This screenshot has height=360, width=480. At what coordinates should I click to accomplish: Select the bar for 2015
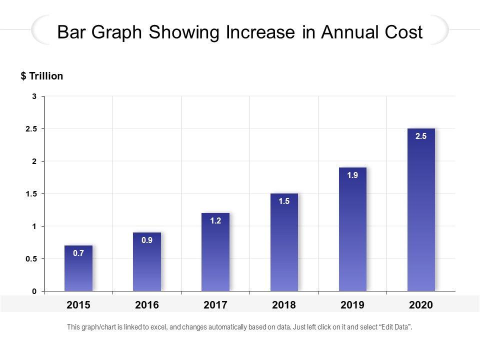[x=78, y=270]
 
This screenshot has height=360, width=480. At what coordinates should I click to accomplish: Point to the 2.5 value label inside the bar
[x=421, y=136]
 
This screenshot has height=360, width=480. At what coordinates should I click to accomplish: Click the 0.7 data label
[x=78, y=253]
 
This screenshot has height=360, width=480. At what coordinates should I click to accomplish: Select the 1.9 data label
[x=352, y=175]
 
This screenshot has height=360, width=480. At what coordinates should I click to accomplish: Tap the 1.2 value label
[x=215, y=220]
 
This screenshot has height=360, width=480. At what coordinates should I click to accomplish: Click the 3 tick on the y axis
[x=34, y=96]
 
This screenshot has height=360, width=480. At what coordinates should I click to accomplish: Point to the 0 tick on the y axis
[x=34, y=291]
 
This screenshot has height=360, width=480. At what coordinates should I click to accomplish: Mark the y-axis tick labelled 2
[x=34, y=161]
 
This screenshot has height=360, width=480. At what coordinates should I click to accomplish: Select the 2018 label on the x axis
[x=284, y=304]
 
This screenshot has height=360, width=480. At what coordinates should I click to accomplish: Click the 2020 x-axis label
[x=421, y=304]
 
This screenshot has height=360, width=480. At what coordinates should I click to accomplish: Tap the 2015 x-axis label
[x=78, y=304]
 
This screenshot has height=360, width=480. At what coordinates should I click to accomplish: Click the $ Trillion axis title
[x=42, y=76]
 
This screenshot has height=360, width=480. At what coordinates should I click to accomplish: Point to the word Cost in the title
[x=402, y=32]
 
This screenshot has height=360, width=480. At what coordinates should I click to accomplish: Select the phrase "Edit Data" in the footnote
[x=395, y=327]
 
